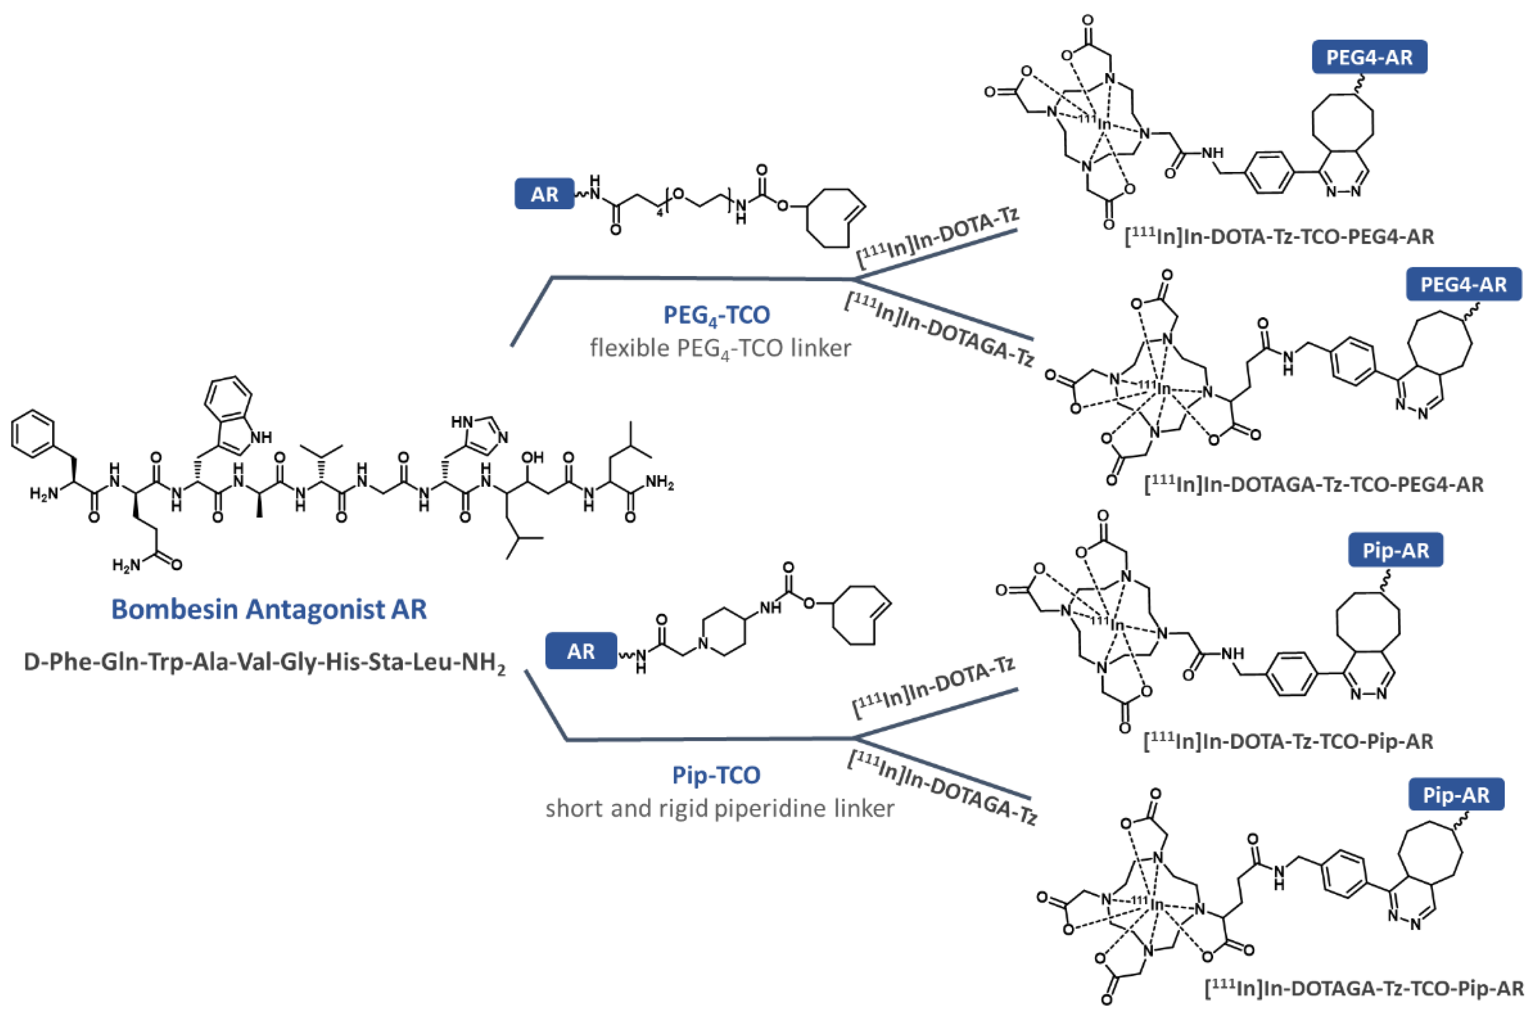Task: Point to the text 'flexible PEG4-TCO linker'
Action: (x=719, y=348)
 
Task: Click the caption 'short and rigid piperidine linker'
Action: (x=719, y=808)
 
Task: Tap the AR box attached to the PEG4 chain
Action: (x=544, y=194)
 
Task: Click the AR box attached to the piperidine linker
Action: (x=580, y=650)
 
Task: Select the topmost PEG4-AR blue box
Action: (x=1369, y=57)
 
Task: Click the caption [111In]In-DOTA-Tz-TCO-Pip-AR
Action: (x=1288, y=741)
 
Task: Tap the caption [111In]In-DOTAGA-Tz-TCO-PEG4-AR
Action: (x=1314, y=484)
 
